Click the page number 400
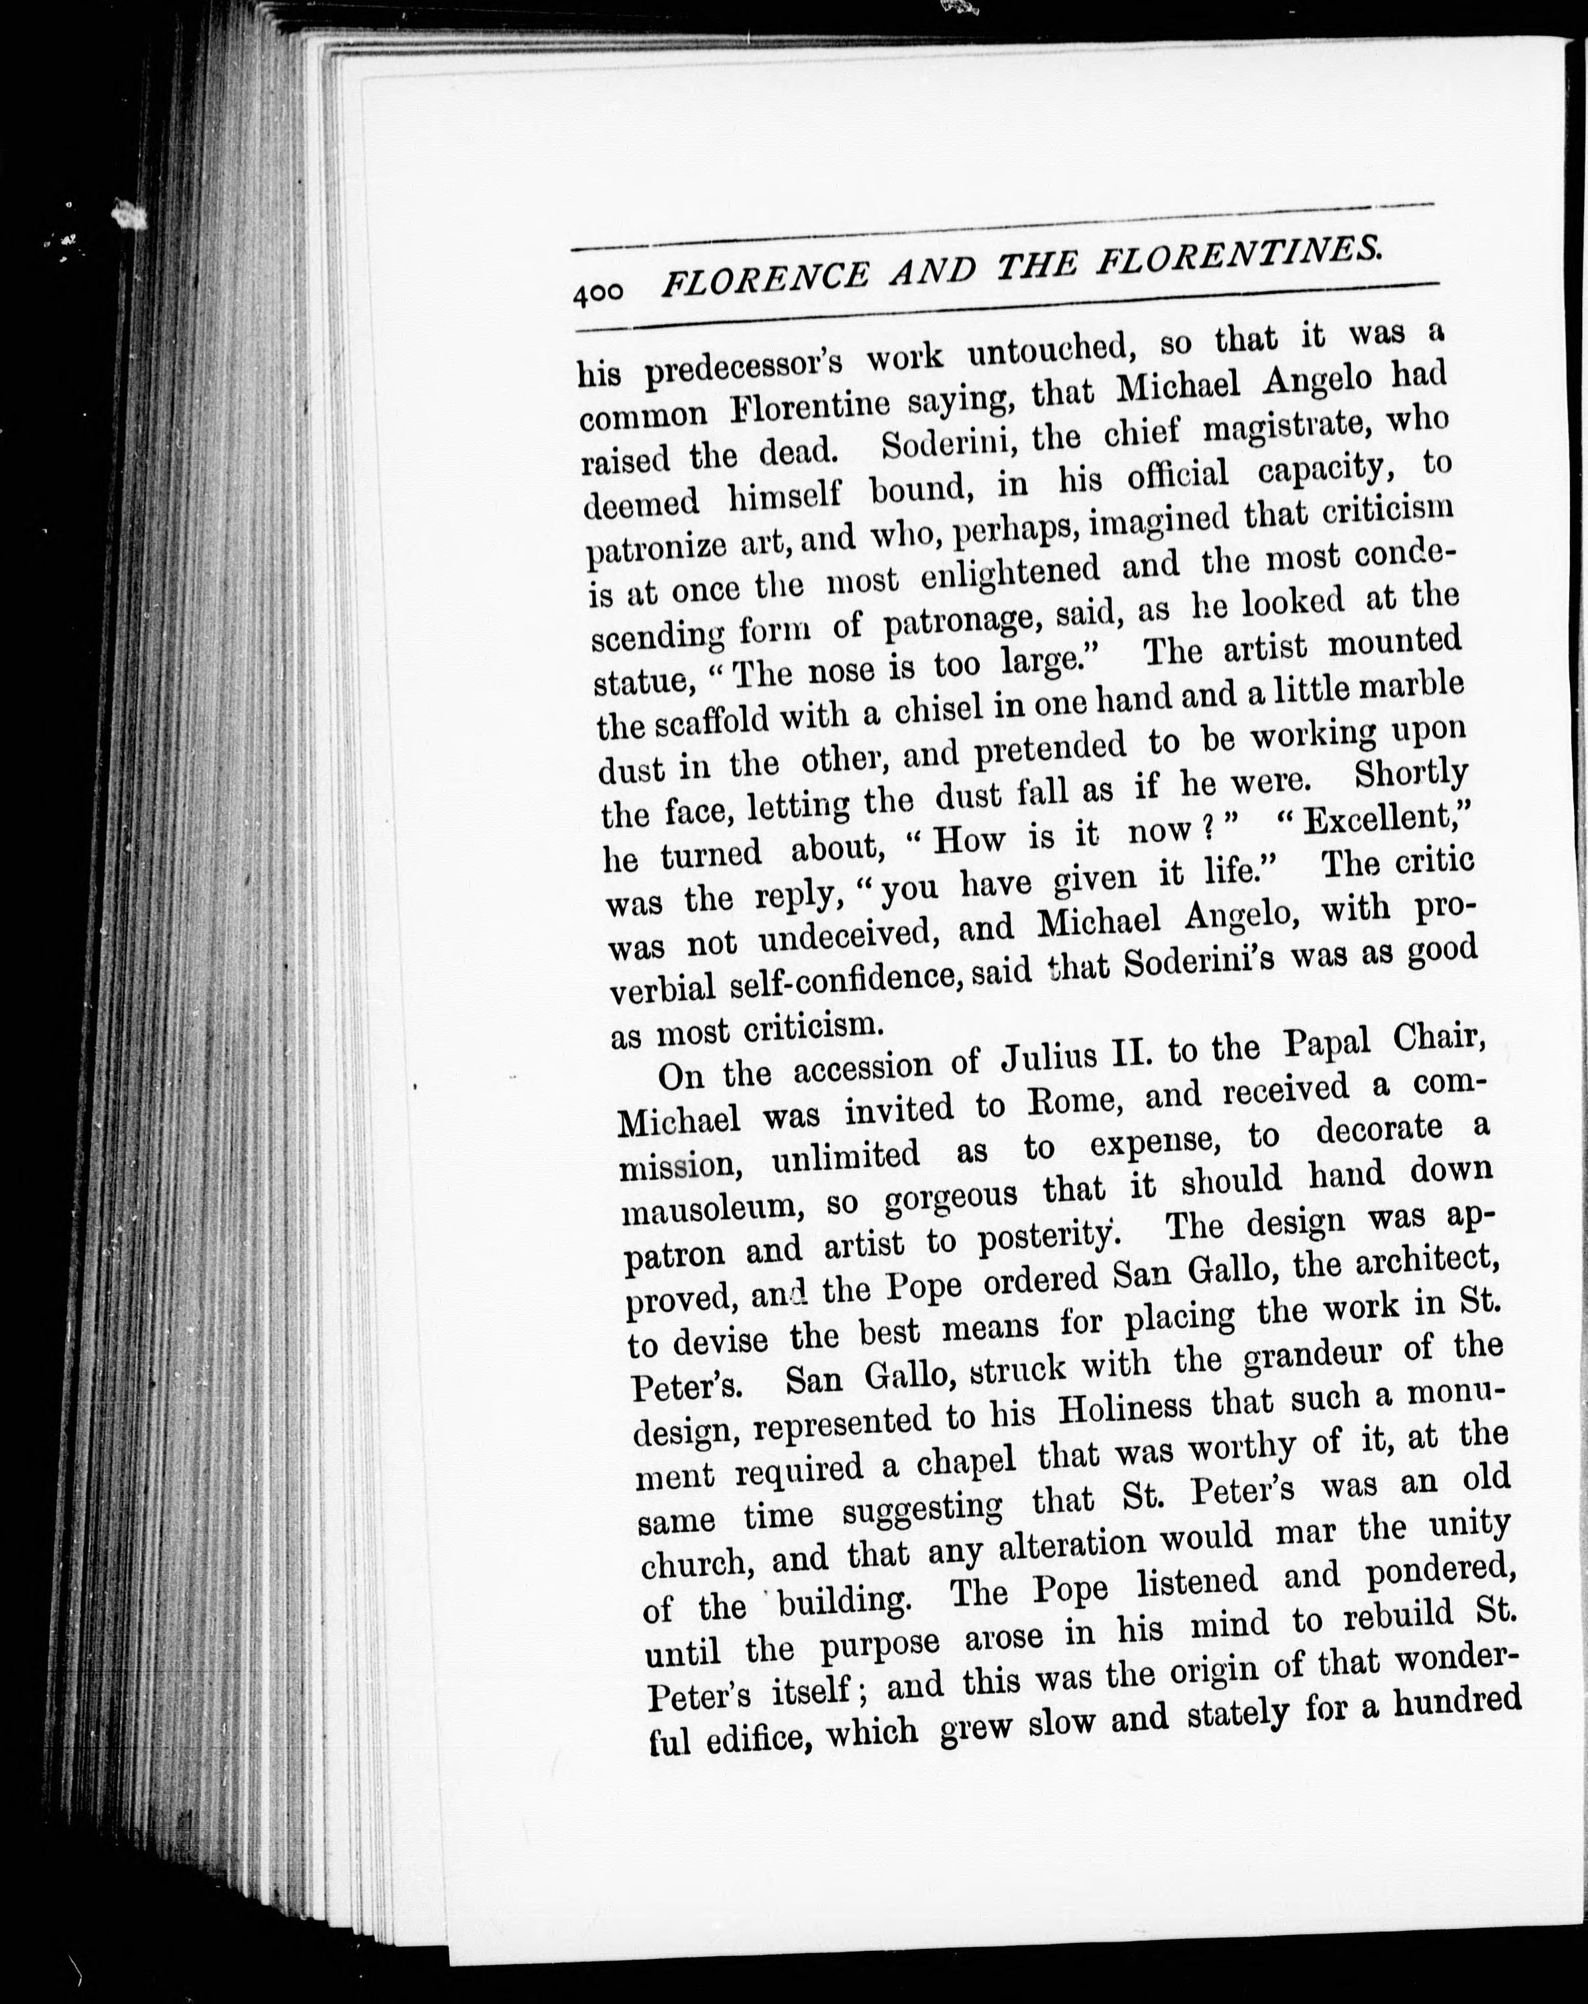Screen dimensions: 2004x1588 click(598, 294)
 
